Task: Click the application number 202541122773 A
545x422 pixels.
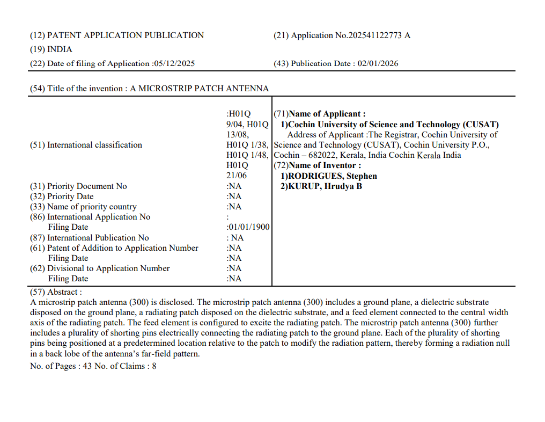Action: point(379,35)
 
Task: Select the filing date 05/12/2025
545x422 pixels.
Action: point(174,63)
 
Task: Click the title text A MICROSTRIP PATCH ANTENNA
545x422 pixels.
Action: point(199,89)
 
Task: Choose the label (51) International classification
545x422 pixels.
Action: point(86,145)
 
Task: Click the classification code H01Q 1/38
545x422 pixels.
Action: point(247,145)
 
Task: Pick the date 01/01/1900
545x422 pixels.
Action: point(249,227)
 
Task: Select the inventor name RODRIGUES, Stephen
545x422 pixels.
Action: point(332,176)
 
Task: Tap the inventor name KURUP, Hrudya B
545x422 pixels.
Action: point(325,186)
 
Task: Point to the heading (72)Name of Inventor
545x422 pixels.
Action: point(318,165)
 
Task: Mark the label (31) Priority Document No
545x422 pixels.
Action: point(78,186)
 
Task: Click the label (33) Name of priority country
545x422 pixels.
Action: point(83,207)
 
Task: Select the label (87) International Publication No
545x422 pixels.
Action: point(89,237)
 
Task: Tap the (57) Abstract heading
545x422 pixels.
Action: point(56,292)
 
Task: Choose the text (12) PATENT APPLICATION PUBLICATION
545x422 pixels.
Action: point(117,35)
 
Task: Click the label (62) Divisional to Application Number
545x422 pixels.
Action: point(100,268)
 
